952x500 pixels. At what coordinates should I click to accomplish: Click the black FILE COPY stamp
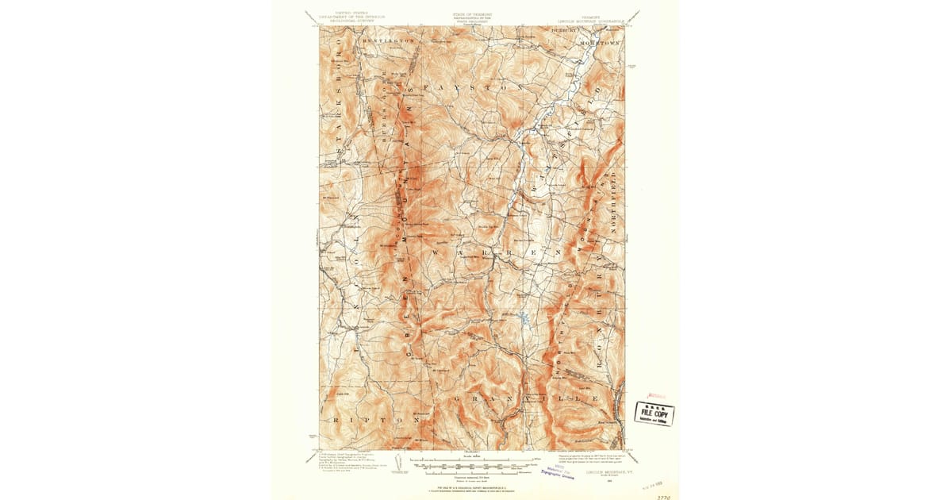(654, 413)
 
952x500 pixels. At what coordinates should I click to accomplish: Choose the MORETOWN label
(602, 39)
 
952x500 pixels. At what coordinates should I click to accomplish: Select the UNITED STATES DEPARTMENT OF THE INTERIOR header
(344, 17)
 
